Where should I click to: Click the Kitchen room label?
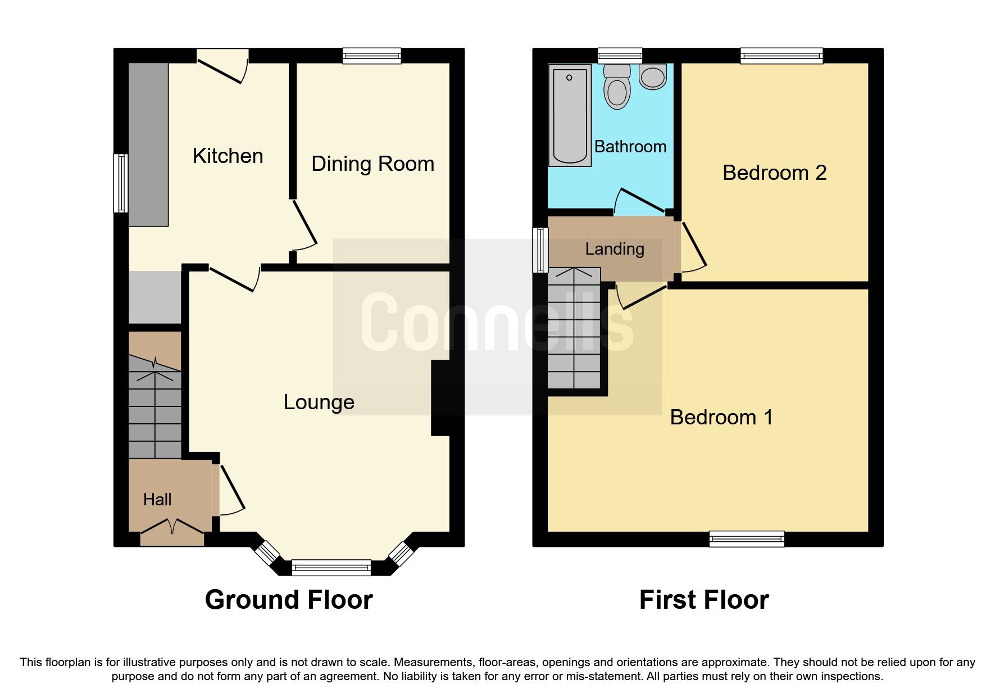[x=228, y=156]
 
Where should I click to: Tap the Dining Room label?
[x=372, y=164]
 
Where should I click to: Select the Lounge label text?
[x=319, y=402]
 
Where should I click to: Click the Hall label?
[x=157, y=500]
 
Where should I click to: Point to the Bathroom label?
[x=630, y=147]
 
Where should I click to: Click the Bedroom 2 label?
[x=774, y=173]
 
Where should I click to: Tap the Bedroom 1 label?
[x=721, y=418]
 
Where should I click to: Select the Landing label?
[x=615, y=249]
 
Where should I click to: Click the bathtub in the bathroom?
[x=570, y=115]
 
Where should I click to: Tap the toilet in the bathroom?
[x=617, y=87]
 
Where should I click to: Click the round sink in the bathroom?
[x=653, y=77]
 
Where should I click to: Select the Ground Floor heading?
[x=289, y=600]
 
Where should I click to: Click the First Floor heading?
[x=704, y=600]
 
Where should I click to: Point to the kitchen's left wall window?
[x=120, y=183]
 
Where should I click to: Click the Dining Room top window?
[x=372, y=56]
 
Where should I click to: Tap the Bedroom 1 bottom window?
[x=747, y=538]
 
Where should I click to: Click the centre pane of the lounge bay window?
[x=331, y=568]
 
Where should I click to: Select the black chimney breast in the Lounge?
[x=440, y=398]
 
